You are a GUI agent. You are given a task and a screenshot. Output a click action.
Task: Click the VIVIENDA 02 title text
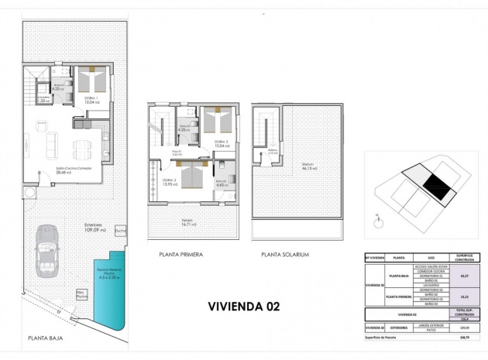pos(244,306)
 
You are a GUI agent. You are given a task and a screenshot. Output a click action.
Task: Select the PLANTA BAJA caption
pos(45,338)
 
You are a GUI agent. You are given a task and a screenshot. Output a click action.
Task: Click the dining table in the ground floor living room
pos(81,147)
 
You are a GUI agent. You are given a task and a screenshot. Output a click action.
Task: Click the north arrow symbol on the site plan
pos(376,219)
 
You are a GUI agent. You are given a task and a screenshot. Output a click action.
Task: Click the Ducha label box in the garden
pos(120,231)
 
